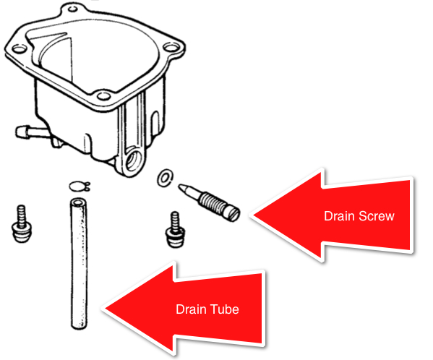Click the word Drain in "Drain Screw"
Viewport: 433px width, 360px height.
[336, 216]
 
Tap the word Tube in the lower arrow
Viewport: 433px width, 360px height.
[226, 309]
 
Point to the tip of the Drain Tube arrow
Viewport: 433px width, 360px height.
[104, 309]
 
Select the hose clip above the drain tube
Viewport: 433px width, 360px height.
[78, 187]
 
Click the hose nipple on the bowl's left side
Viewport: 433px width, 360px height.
[24, 132]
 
